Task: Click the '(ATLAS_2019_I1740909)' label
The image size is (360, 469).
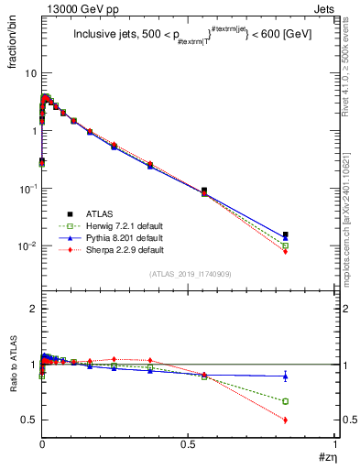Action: click(190, 275)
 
